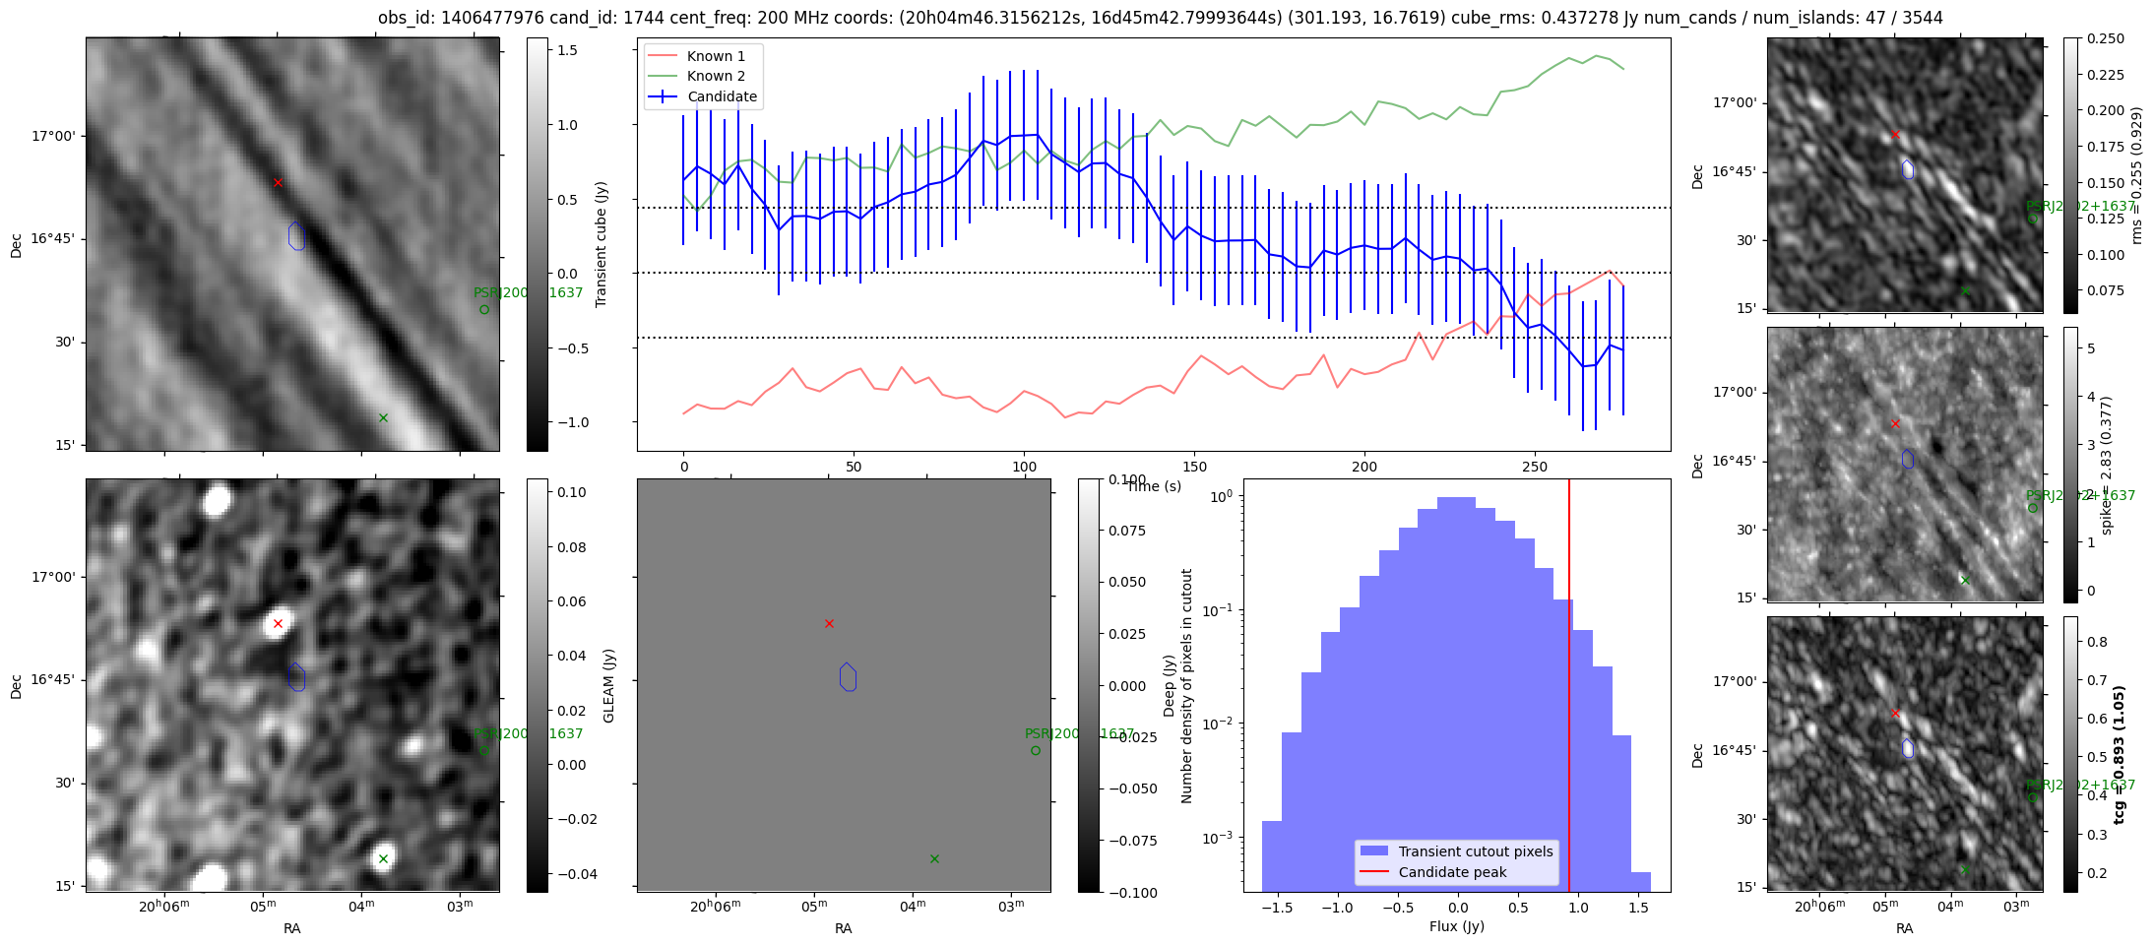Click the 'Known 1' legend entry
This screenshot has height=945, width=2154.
coord(716,56)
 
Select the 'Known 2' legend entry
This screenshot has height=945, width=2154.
coord(716,76)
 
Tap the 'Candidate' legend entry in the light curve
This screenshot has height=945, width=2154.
coord(722,96)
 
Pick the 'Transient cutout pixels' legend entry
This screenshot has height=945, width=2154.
coord(1475,851)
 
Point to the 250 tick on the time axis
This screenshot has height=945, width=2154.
coord(1535,467)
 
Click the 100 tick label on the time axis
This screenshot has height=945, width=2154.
coord(1024,467)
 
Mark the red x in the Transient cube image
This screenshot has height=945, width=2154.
coord(278,182)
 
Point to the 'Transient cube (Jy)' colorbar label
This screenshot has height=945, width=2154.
coord(602,244)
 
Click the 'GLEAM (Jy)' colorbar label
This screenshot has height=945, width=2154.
coord(608,685)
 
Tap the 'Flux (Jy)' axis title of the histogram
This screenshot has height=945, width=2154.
coord(1456,926)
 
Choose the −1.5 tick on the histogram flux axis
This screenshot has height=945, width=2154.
coord(1276,908)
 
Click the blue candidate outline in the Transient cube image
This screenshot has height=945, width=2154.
coord(296,236)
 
